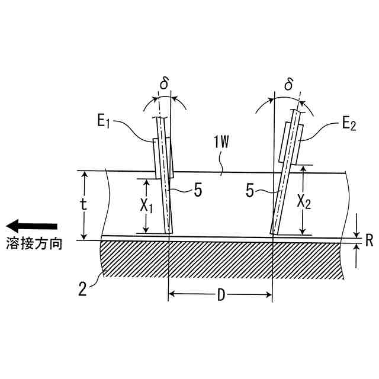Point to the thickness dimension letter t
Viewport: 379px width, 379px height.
coord(84,205)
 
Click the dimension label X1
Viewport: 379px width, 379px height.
coord(146,206)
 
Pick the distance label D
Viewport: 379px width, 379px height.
coord(221,295)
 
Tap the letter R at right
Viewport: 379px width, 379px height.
coord(369,242)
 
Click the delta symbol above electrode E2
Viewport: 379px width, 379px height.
coord(288,85)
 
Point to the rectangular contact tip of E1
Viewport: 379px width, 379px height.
coord(163,158)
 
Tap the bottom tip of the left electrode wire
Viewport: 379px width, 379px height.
coord(169,232)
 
